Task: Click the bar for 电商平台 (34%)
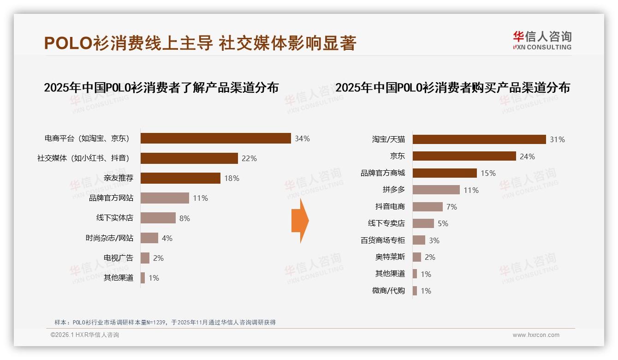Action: [x=215, y=138]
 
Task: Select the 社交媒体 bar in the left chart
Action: [x=189, y=158]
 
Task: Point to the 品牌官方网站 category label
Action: [x=111, y=198]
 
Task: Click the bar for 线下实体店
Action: [x=158, y=218]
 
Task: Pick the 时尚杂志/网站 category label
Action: [x=109, y=238]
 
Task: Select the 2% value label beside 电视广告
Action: [x=158, y=258]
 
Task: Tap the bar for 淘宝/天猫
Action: [x=479, y=139]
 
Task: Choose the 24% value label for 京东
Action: [x=527, y=156]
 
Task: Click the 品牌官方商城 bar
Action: [x=445, y=173]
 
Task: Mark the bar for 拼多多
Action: [x=436, y=190]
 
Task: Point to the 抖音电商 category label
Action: [x=390, y=207]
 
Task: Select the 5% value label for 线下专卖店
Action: [x=443, y=223]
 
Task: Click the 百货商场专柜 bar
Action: [x=419, y=240]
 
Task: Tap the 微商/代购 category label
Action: [x=388, y=291]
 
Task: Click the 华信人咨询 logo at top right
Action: [x=542, y=40]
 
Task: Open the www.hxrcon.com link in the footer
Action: [x=536, y=335]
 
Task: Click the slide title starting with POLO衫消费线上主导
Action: [x=200, y=43]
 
